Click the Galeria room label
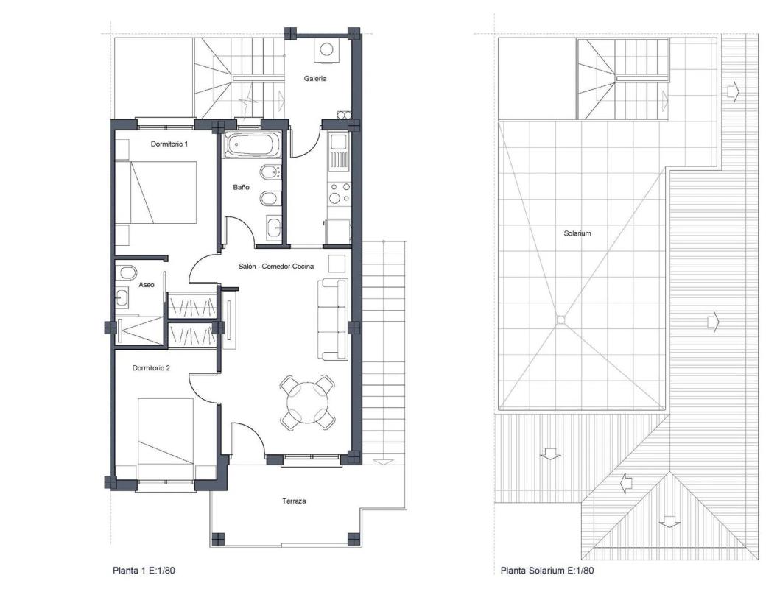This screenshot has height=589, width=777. (x=315, y=78)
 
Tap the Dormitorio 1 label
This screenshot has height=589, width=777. (x=169, y=144)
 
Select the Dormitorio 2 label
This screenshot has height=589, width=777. (x=151, y=368)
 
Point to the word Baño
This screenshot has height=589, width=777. (x=241, y=187)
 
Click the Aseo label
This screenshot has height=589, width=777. (x=146, y=285)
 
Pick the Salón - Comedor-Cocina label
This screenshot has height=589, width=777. (x=275, y=267)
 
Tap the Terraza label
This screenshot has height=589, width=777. (x=294, y=501)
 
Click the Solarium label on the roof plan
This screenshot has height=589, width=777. (x=577, y=233)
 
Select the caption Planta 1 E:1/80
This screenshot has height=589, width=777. (x=144, y=570)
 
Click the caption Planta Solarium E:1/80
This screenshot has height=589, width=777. (x=547, y=570)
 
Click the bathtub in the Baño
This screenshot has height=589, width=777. (x=253, y=145)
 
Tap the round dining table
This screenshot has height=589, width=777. (x=307, y=402)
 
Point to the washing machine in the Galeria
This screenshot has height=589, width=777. (x=326, y=51)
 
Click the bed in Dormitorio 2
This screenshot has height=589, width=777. (x=166, y=431)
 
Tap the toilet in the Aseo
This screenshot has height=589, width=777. (x=127, y=273)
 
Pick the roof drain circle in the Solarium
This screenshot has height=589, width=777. (x=560, y=320)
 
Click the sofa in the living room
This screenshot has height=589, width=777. (x=333, y=320)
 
